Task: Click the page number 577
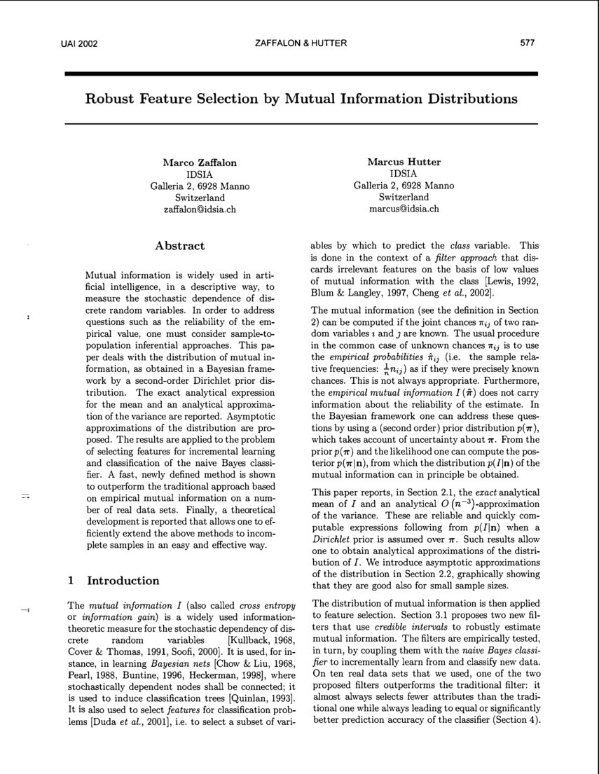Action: (528, 43)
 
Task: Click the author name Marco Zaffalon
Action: (200, 163)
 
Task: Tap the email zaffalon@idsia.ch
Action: (200, 209)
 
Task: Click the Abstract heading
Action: (179, 246)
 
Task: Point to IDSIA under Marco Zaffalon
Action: (200, 174)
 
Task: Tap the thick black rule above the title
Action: (301, 73)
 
